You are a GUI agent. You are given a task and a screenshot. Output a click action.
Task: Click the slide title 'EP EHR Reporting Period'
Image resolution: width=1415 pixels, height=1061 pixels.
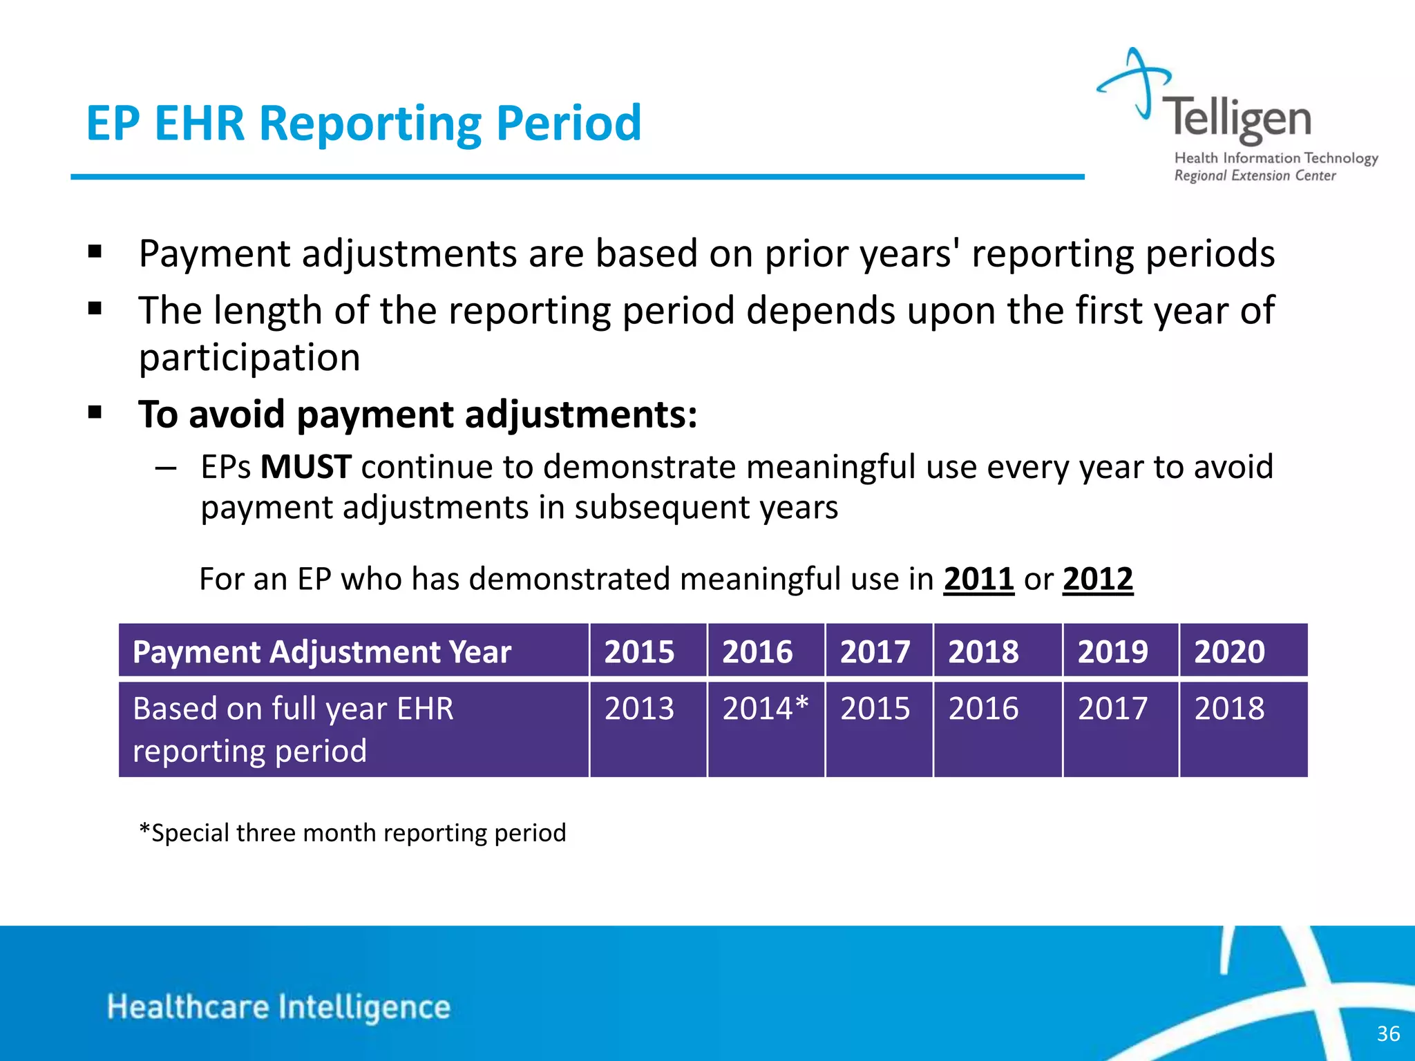click(x=363, y=123)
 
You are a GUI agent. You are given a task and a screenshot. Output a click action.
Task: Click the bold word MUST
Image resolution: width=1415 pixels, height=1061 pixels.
click(x=305, y=467)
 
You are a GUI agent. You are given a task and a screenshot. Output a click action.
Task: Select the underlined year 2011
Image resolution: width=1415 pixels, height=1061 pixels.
click(x=978, y=579)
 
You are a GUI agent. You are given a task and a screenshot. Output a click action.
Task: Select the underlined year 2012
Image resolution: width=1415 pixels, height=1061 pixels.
click(x=1098, y=579)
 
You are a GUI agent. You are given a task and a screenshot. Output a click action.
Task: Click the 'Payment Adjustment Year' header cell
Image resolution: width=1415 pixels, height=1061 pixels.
click(x=322, y=651)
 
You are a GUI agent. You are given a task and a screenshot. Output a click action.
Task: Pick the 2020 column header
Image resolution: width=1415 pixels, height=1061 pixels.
click(x=1229, y=651)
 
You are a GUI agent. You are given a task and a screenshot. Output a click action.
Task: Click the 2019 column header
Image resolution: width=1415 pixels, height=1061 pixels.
click(x=1112, y=651)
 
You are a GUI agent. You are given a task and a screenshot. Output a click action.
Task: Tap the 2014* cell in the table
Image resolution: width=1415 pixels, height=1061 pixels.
click(x=765, y=709)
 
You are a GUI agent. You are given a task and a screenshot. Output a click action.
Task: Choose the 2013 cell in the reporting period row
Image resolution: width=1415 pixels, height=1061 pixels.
click(x=639, y=709)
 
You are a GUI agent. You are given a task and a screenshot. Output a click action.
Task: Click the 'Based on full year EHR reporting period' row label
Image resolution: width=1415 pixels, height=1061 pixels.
click(x=293, y=729)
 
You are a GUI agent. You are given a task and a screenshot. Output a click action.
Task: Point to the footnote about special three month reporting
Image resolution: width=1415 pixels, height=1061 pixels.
click(x=352, y=832)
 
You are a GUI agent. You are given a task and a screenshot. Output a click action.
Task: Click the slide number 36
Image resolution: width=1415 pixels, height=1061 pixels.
click(x=1388, y=1033)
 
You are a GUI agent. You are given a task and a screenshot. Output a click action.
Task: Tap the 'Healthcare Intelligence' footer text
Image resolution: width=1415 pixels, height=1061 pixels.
click(x=278, y=1006)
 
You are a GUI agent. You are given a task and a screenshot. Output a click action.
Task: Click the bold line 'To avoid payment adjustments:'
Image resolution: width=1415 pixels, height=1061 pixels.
click(x=417, y=414)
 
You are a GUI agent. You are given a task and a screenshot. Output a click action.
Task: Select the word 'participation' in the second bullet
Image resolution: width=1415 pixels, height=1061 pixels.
click(x=249, y=357)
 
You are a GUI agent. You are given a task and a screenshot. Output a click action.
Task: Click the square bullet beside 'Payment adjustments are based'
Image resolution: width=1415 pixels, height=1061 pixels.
click(x=95, y=251)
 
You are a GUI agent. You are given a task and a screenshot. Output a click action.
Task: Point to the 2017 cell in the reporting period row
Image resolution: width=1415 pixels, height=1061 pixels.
click(x=1112, y=709)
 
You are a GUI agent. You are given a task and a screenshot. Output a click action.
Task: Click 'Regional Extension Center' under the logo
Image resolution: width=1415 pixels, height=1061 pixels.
click(x=1255, y=175)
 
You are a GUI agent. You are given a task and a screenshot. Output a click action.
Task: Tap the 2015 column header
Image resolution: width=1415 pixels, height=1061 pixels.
click(x=639, y=651)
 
